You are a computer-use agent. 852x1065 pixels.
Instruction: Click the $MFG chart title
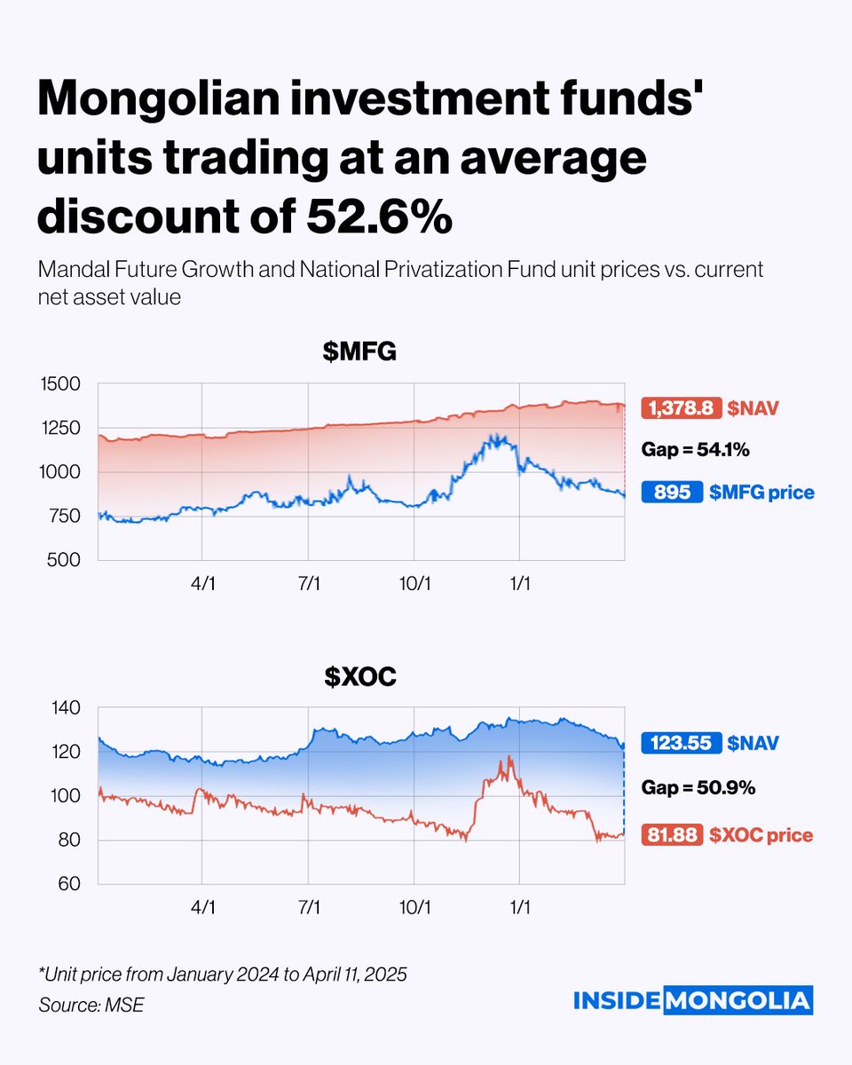tap(359, 354)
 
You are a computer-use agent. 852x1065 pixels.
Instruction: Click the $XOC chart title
tap(359, 678)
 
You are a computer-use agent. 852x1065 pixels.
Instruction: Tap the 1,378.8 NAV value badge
tap(682, 407)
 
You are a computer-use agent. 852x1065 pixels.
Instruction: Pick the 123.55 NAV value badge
tap(682, 743)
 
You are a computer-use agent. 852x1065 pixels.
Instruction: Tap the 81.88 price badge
tap(676, 835)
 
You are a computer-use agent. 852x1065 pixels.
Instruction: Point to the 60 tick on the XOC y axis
tap(70, 884)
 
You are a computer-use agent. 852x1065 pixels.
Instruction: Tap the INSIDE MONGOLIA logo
tap(692, 1000)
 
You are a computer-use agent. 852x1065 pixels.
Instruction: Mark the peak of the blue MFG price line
tap(500, 436)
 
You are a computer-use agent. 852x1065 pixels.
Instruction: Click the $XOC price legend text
tap(761, 835)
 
